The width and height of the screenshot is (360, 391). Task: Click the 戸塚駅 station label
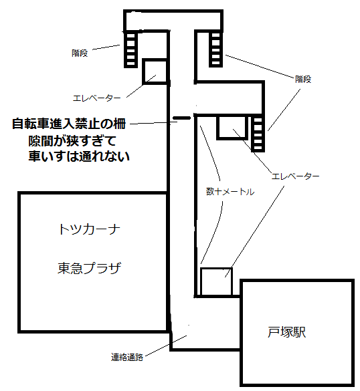(x=286, y=332)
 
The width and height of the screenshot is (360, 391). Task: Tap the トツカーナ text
(x=89, y=229)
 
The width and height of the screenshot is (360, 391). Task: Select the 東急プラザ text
(x=89, y=268)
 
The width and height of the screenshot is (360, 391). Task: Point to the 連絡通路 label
(x=127, y=358)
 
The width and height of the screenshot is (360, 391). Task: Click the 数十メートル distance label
(x=230, y=192)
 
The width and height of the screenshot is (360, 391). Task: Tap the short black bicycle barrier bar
(x=182, y=118)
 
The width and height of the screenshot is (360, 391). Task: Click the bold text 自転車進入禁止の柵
(x=69, y=124)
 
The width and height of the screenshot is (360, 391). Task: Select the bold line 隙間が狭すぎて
(x=72, y=141)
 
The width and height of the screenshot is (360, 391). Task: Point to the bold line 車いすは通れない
(x=79, y=156)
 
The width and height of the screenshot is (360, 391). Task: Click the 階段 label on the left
(x=80, y=53)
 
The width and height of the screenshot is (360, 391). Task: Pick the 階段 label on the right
(x=303, y=80)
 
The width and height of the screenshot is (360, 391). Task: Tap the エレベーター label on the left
(x=96, y=98)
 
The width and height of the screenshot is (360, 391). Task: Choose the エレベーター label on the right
(x=295, y=176)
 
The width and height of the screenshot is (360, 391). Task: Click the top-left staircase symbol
(x=131, y=49)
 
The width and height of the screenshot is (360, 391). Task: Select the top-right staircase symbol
(x=215, y=49)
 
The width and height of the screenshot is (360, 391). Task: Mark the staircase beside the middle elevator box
(x=258, y=134)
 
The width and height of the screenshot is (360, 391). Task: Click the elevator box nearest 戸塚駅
(x=216, y=282)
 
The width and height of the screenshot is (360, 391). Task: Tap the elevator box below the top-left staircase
(x=155, y=72)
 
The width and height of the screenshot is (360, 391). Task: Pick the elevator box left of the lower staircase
(x=232, y=127)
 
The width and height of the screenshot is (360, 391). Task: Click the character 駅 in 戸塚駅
(x=300, y=332)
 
